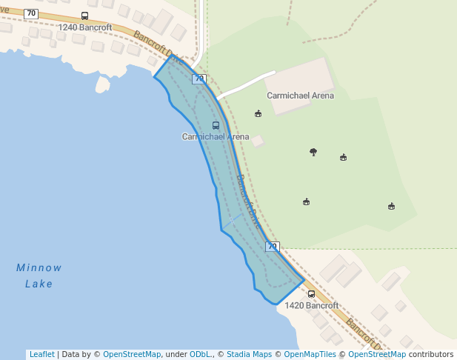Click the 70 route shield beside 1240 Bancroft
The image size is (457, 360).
pos(31,13)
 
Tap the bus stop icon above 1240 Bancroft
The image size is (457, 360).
pos(84,16)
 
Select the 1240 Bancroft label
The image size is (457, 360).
pos(85,27)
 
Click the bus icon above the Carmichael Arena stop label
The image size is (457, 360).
pos(216,126)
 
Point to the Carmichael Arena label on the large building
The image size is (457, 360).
pos(300,96)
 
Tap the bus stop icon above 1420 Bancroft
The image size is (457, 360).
pos(311,294)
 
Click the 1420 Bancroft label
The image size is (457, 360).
pos(311,305)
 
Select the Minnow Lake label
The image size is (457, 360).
pos(39,276)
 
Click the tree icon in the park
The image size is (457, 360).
pos(313,152)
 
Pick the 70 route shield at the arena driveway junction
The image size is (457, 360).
pos(199,79)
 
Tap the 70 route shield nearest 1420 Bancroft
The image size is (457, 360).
pos(273,247)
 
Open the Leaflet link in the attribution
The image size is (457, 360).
pos(41,354)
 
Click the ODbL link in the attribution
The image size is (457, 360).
pos(201,354)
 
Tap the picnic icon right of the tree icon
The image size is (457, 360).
pos(343,157)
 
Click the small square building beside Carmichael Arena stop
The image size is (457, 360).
pos(257,141)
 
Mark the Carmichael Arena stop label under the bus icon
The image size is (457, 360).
pos(216,137)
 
